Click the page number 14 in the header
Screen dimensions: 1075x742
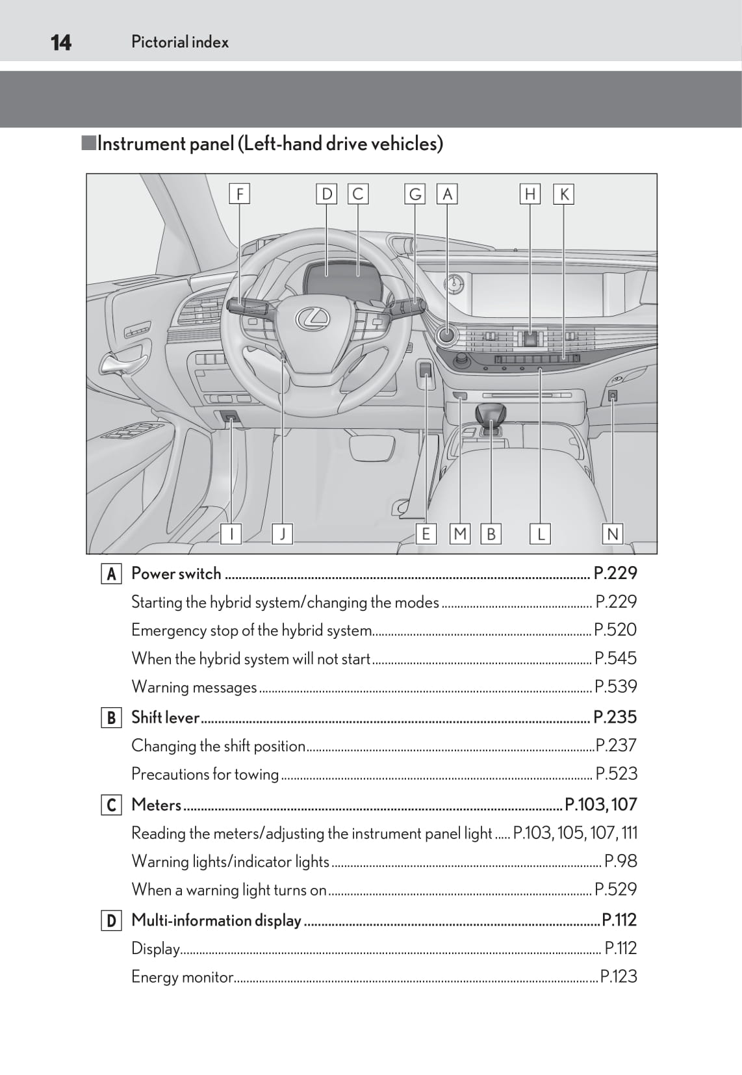[60, 42]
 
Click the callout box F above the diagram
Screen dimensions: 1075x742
[240, 194]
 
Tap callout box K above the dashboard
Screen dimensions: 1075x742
[563, 194]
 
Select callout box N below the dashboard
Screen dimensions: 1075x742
[612, 534]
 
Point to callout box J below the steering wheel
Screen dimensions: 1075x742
[282, 534]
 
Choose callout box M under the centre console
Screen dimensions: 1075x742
[460, 534]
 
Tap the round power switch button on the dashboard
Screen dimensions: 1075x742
[447, 335]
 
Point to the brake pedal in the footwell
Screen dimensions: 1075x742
[372, 447]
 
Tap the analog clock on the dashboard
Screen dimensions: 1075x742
[454, 284]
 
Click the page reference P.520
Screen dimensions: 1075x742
[615, 630]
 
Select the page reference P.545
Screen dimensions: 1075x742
[615, 658]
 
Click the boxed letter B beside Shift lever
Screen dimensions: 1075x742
[111, 718]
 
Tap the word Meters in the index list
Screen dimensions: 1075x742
[156, 805]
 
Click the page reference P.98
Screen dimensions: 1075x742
[620, 861]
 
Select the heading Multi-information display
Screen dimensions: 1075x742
[216, 920]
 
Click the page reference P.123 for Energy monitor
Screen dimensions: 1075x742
[618, 976]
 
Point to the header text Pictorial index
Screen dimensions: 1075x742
[180, 42]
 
